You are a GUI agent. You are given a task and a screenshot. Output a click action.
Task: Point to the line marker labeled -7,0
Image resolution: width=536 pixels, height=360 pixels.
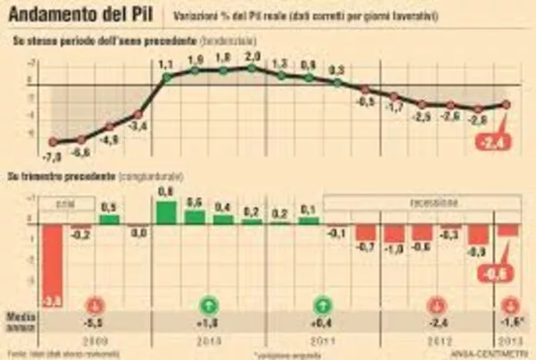[54, 142]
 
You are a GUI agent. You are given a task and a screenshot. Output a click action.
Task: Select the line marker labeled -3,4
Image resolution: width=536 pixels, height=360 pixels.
[138, 114]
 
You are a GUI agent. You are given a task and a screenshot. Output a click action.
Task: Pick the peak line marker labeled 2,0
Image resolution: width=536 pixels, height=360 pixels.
[252, 68]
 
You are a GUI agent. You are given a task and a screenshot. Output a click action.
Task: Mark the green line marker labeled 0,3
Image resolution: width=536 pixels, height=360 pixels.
[337, 82]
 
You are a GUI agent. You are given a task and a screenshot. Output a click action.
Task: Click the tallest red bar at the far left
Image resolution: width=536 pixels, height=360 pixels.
[54, 264]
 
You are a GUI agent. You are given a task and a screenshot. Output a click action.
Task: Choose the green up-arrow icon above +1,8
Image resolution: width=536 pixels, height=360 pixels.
[209, 302]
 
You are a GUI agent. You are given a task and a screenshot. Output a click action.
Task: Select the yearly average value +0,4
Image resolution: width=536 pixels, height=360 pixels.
[324, 322]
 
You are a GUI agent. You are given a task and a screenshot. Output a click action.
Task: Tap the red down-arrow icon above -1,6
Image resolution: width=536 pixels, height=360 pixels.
[509, 302]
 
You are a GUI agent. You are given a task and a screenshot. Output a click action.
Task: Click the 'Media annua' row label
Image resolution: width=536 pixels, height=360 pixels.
[20, 319]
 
